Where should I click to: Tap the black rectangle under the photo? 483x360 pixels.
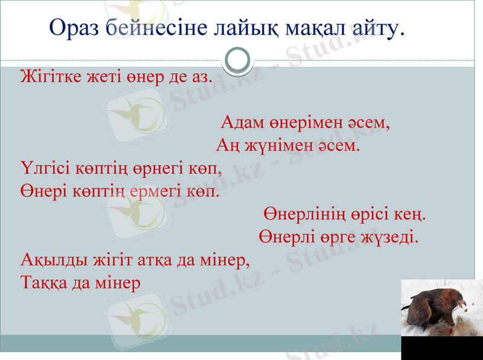[x=441, y=348]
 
